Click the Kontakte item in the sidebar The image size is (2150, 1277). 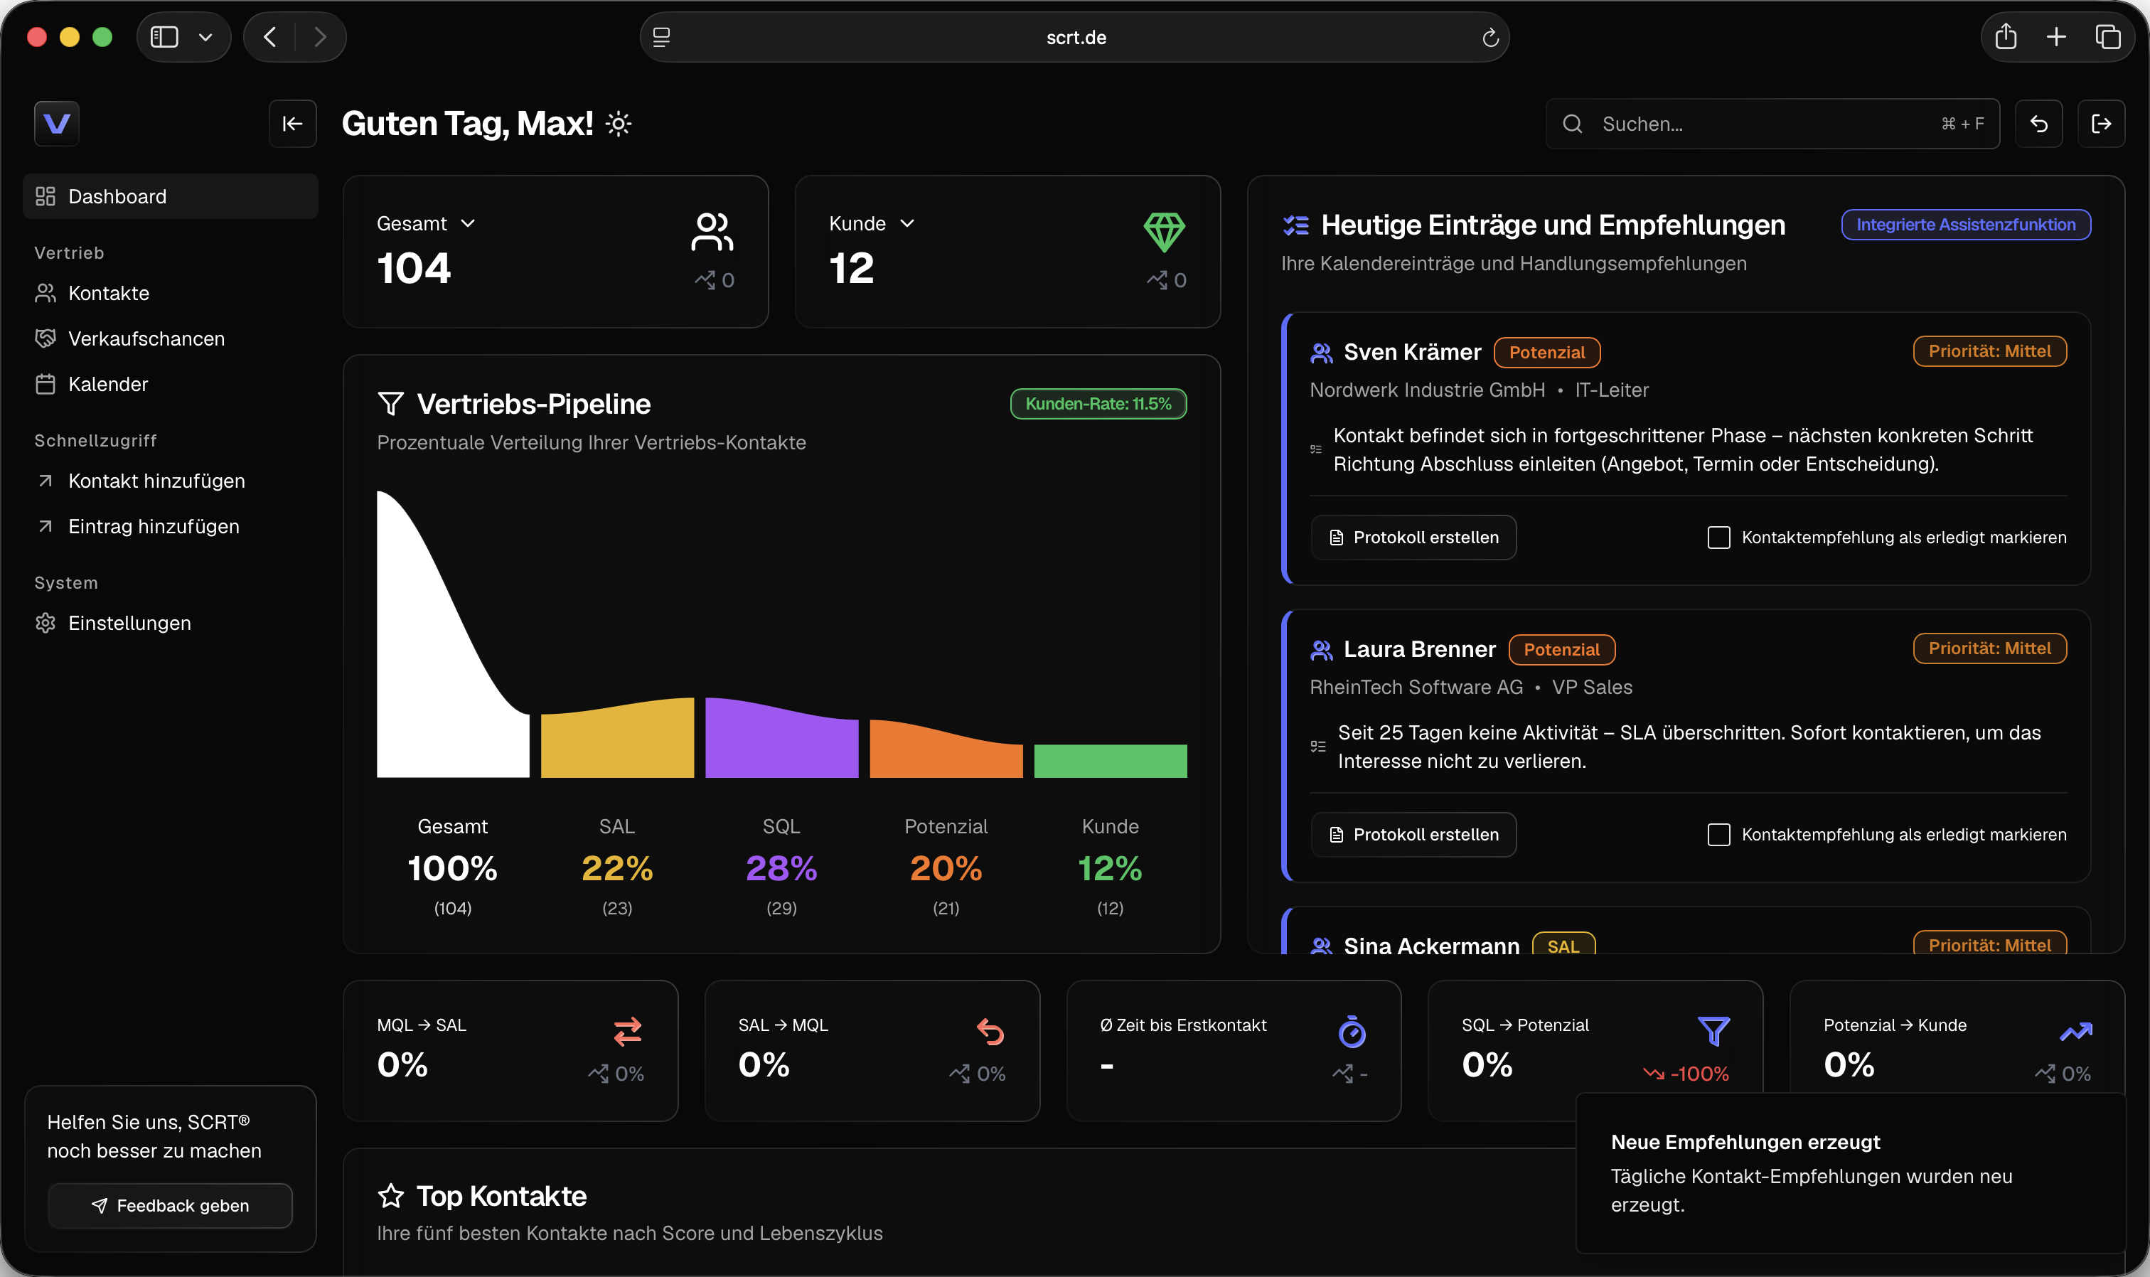[x=92, y=294]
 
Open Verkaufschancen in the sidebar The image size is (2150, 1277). [x=130, y=339]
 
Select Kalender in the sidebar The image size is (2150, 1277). [x=91, y=385]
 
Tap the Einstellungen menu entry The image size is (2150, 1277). [x=113, y=623]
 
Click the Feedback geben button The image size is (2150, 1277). [x=171, y=1206]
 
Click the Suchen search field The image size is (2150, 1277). [x=1772, y=124]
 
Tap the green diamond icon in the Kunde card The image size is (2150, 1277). [x=1164, y=233]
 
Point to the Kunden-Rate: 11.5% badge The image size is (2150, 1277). [x=1098, y=404]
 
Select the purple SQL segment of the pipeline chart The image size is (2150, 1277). [x=781, y=741]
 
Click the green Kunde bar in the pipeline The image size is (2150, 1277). [x=1110, y=762]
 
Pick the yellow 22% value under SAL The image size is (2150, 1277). [x=617, y=868]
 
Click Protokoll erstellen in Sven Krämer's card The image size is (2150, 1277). [x=1413, y=538]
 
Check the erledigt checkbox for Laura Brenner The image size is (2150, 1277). [x=1718, y=835]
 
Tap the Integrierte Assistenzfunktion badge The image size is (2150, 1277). [x=1966, y=225]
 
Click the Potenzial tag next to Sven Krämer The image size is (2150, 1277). [x=1547, y=353]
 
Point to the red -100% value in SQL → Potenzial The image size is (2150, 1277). [x=1699, y=1074]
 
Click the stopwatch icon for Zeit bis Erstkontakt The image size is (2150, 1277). [x=1352, y=1031]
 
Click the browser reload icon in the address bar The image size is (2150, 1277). [x=1490, y=38]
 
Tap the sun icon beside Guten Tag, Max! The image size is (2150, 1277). [x=619, y=124]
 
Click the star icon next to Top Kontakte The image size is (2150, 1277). [x=390, y=1195]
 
